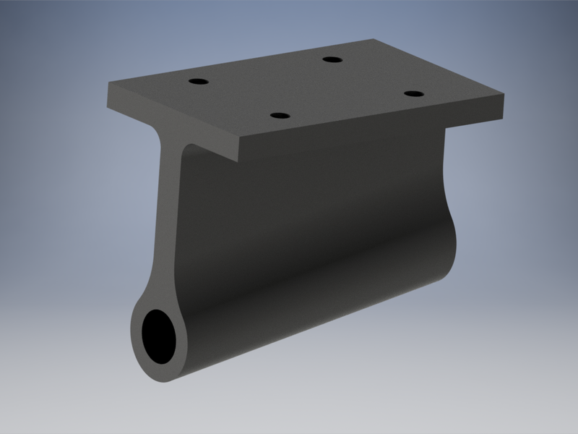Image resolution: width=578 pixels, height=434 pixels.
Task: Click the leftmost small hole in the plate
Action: pyautogui.click(x=196, y=81)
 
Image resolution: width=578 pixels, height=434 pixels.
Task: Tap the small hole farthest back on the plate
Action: pyautogui.click(x=332, y=59)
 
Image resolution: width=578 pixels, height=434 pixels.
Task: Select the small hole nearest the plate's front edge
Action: pyautogui.click(x=279, y=115)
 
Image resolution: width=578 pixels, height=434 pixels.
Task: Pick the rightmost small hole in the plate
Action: pyautogui.click(x=413, y=94)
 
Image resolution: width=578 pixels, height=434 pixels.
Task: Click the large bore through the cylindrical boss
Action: pyautogui.click(x=159, y=336)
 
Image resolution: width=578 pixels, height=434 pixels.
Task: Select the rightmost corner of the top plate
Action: pyautogui.click(x=504, y=94)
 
